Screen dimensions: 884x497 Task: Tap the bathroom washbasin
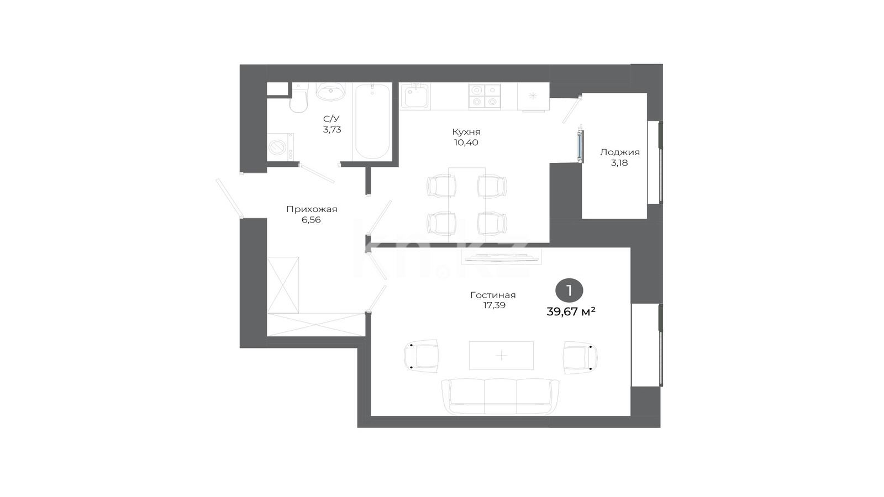(x=331, y=92)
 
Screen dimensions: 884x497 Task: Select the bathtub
(x=372, y=121)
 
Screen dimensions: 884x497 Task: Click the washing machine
(x=280, y=147)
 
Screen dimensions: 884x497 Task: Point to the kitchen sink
(x=415, y=96)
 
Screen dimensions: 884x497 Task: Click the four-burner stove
(x=485, y=96)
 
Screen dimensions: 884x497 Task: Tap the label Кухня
(x=466, y=132)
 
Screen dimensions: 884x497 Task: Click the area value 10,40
(x=466, y=142)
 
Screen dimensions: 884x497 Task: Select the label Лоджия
(x=619, y=152)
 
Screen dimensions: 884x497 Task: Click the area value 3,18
(x=619, y=163)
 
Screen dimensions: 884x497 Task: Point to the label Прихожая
(x=312, y=209)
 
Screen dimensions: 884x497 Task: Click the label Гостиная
(x=493, y=295)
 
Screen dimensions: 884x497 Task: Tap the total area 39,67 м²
(x=571, y=311)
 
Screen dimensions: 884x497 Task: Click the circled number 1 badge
(x=569, y=290)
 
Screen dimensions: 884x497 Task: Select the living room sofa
(x=501, y=397)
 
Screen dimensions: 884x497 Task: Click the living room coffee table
(x=501, y=356)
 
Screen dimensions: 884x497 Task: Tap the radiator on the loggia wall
(x=580, y=146)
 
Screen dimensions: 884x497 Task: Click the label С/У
(x=331, y=119)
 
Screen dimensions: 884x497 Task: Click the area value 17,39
(x=494, y=305)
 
